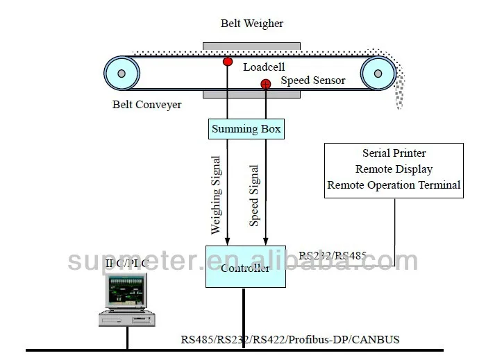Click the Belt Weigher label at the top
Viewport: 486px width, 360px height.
[252, 24]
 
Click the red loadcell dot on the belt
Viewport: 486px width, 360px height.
[228, 62]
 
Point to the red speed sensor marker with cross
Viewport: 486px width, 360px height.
[265, 85]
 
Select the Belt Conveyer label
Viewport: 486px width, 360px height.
[147, 105]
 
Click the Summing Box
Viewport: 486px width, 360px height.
[246, 129]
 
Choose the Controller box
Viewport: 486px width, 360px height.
[246, 266]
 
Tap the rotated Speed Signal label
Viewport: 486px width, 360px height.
[254, 195]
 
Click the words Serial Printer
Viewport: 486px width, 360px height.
[394, 153]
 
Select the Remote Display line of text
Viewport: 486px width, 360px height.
[394, 169]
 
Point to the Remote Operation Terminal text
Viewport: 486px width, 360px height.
[394, 185]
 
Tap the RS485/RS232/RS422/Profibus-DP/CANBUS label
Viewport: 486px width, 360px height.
[290, 340]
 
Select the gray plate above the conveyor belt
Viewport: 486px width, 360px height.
[252, 46]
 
